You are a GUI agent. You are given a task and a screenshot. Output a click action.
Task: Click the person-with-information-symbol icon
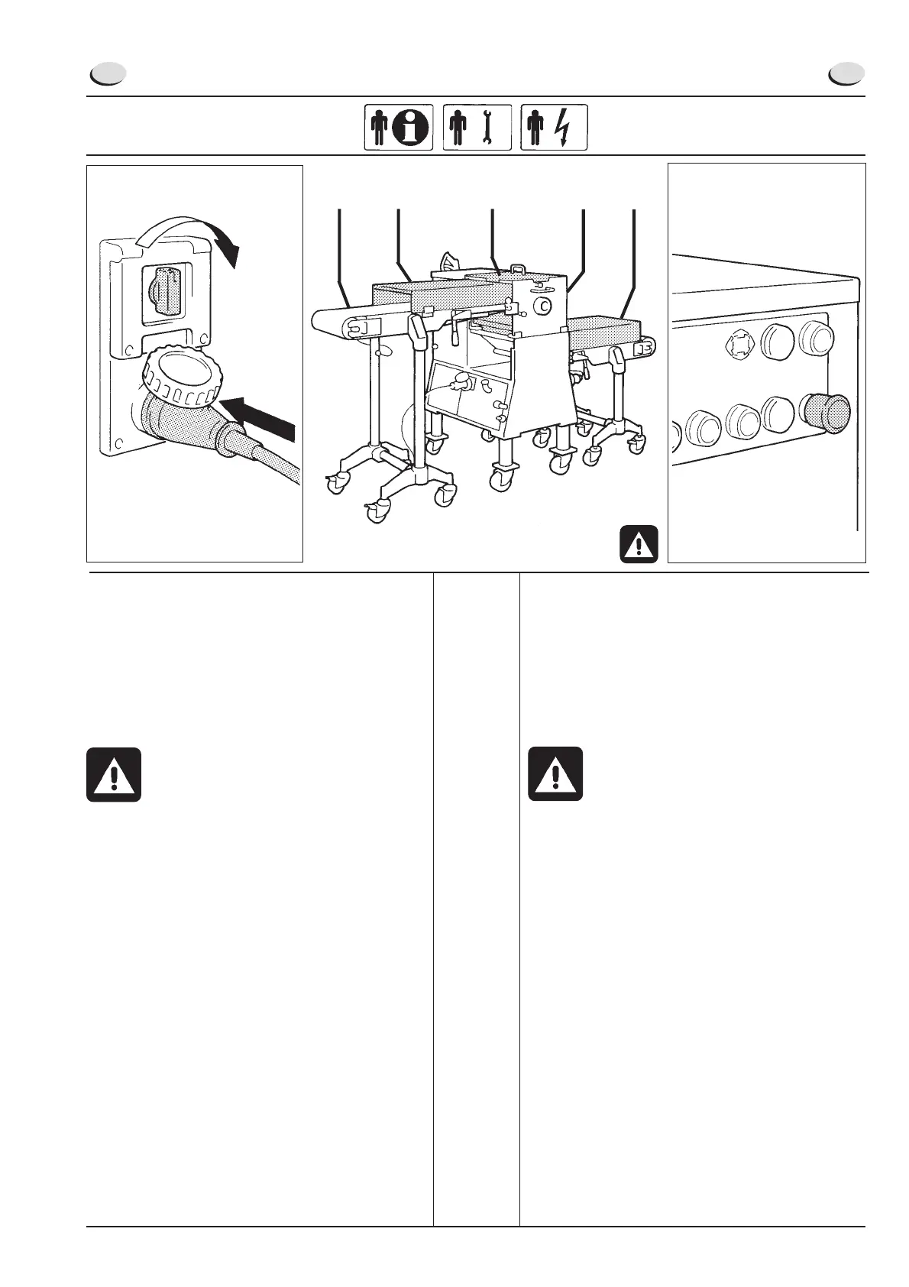click(398, 127)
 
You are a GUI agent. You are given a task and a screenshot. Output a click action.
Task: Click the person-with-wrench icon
click(476, 127)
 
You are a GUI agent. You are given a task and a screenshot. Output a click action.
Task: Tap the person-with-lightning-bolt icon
click(554, 127)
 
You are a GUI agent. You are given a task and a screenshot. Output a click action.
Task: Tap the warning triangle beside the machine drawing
click(639, 543)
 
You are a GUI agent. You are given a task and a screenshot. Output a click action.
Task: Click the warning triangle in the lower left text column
click(114, 774)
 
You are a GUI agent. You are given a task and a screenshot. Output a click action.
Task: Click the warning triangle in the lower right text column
click(555, 774)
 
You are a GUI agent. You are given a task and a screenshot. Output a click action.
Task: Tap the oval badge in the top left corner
click(107, 74)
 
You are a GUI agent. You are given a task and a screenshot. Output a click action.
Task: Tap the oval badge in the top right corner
click(846, 74)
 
